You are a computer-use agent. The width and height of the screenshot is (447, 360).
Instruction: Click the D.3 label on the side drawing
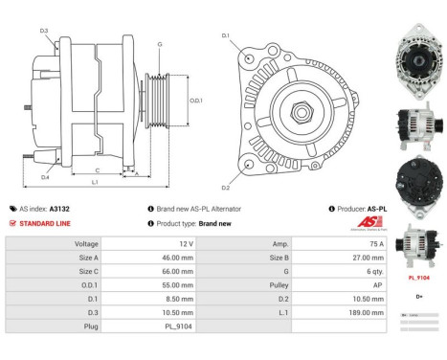point(44,32)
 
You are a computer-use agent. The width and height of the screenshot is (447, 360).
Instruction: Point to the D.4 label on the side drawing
point(45,176)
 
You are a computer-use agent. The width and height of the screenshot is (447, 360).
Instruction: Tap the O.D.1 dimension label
point(195,101)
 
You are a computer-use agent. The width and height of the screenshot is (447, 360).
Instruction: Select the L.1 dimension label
point(95,181)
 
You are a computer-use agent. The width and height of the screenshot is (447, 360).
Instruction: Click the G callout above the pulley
point(159,44)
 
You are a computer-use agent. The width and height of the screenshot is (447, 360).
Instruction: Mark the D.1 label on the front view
point(226,36)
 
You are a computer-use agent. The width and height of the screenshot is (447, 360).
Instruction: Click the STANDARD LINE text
point(44,223)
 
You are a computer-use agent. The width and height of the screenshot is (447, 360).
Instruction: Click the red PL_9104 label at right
point(419,277)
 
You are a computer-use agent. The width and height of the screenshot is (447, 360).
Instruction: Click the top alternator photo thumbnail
point(418,41)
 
